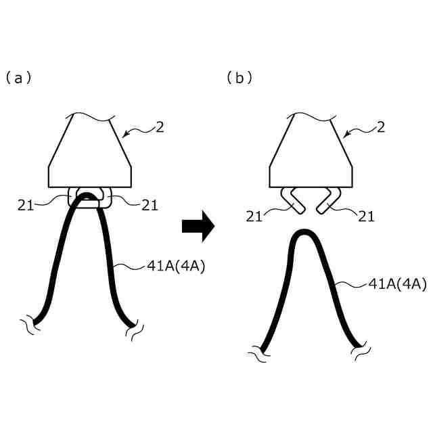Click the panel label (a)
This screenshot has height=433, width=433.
18,78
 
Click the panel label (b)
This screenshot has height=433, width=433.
239,78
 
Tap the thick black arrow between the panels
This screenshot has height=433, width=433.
198,225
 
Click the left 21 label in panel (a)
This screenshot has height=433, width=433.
26,206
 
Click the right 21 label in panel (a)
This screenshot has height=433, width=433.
150,206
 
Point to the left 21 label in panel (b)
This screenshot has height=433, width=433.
256,216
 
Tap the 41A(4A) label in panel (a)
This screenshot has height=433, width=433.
176,266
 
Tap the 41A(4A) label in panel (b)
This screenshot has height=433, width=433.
397,285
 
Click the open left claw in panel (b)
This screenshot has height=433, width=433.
292,200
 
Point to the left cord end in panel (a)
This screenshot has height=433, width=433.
38,321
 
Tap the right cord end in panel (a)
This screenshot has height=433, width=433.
131,327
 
